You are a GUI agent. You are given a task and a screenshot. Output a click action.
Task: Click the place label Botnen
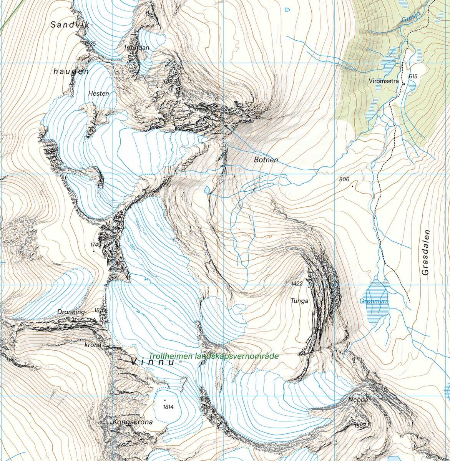point(266,159)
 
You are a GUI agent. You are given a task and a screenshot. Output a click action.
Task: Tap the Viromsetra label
point(385,81)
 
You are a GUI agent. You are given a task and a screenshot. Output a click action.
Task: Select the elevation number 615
point(413,76)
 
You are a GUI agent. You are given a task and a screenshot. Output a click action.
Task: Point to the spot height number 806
point(344,179)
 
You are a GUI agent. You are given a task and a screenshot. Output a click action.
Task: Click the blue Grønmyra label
point(374,302)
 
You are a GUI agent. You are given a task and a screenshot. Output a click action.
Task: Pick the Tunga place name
point(299,301)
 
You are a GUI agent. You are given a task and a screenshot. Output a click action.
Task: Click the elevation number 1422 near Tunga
point(297,284)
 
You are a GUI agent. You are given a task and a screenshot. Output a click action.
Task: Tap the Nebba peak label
point(359,399)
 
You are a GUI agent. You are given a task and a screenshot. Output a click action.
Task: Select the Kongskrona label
point(133,422)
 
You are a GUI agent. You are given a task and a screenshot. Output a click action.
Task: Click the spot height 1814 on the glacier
point(168,407)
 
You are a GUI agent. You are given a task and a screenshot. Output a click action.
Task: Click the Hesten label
point(98,93)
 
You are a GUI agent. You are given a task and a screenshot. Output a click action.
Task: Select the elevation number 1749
point(96,245)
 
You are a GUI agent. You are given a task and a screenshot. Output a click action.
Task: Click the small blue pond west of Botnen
point(207,189)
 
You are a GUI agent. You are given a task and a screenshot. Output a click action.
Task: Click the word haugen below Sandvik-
point(71,71)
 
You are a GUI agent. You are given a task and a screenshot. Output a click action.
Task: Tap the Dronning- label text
point(71,312)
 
